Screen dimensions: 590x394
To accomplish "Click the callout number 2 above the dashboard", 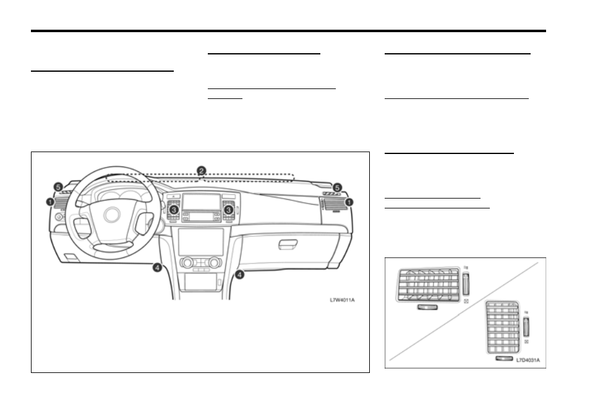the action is pos(202,171).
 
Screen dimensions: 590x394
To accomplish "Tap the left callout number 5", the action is pos(58,187).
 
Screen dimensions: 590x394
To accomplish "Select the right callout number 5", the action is pos(337,187).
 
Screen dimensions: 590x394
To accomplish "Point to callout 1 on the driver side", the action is pos(50,202).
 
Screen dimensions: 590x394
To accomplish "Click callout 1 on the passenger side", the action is pos(349,202).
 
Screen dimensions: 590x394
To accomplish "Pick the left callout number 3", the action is pos(173,210).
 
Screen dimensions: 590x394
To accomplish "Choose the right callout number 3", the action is pos(228,210).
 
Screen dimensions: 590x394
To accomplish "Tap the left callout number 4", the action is pos(157,268).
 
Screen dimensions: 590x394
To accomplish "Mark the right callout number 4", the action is pos(239,275).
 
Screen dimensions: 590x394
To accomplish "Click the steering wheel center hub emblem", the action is pos(112,215).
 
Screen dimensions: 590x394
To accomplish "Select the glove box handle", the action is pos(288,244).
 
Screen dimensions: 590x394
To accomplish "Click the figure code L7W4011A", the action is pos(342,300).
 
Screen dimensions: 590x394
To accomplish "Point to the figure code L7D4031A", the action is pos(528,360).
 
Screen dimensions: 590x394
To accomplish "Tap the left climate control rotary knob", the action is pos(187,262).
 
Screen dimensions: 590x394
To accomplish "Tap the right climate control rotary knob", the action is pos(215,262).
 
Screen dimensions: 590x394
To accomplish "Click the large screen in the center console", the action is pos(200,242).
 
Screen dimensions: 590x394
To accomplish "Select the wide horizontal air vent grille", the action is pos(428,285).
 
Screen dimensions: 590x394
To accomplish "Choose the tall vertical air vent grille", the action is pos(503,327).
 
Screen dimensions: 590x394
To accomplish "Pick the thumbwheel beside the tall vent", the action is pos(526,327).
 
